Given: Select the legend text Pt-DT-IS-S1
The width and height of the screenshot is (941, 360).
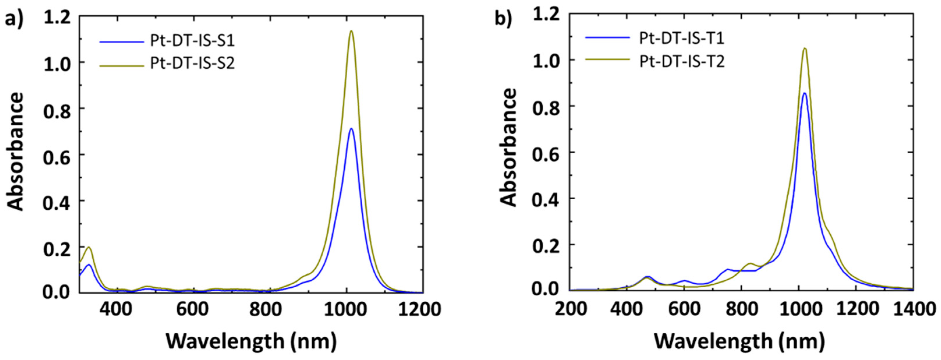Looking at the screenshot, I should [x=192, y=41].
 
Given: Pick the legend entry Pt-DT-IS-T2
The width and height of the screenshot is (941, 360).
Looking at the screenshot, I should [x=682, y=61].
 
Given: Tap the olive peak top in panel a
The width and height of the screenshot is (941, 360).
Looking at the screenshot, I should [x=351, y=31].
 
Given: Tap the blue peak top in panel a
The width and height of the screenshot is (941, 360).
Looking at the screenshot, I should [x=351, y=129].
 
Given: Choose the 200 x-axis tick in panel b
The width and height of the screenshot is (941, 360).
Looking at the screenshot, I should [x=570, y=309].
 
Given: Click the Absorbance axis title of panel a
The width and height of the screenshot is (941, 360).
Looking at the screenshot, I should [x=15, y=152].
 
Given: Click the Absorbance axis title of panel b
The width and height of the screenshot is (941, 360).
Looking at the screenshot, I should [x=508, y=148].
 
